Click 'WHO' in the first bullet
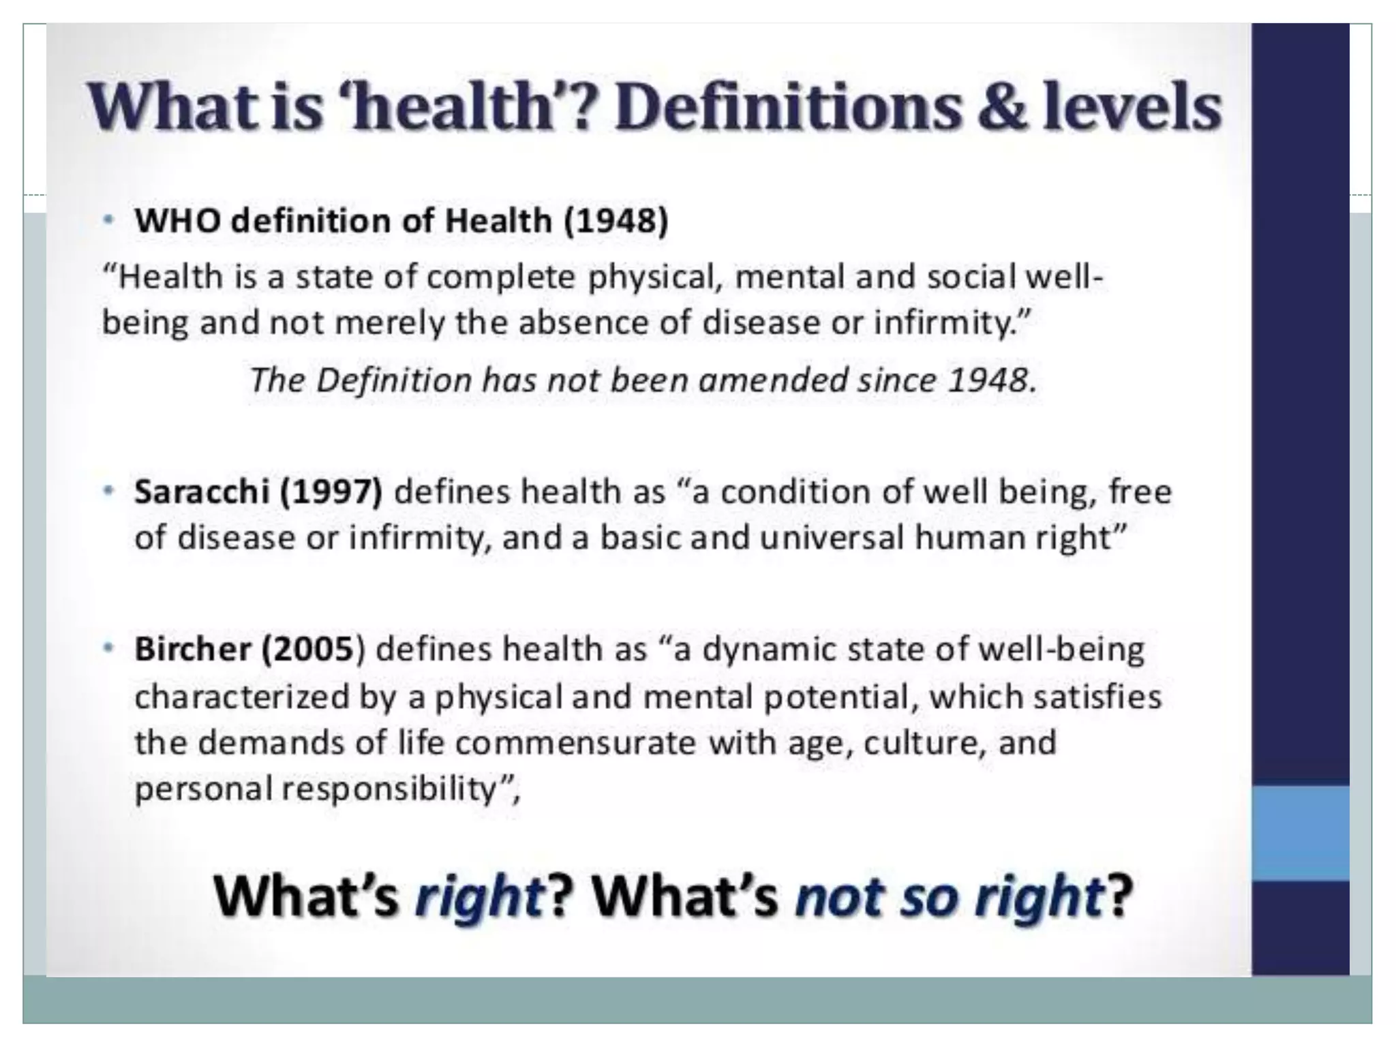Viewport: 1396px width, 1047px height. [177, 221]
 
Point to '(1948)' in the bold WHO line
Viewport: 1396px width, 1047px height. [616, 221]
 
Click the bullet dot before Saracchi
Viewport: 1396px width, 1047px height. [108, 491]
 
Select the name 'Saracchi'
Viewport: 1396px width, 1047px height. [202, 492]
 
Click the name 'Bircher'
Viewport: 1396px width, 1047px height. [193, 649]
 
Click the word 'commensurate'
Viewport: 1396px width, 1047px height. [575, 742]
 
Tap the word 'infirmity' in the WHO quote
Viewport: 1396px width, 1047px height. [941, 322]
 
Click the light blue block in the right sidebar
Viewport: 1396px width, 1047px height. [1300, 832]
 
